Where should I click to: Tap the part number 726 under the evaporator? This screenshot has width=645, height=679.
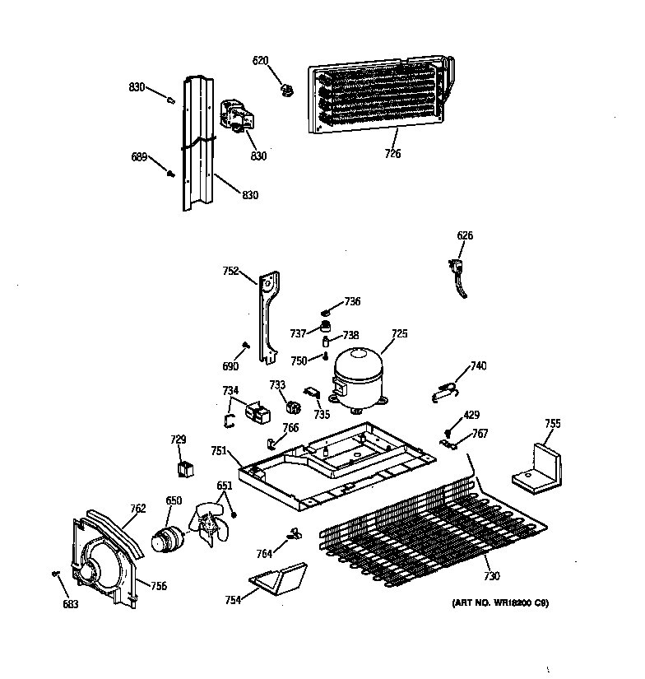(x=392, y=153)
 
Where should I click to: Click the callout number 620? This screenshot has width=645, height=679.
(x=260, y=60)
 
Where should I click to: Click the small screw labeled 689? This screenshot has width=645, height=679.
(x=172, y=174)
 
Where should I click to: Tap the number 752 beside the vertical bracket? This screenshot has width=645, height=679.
(x=230, y=269)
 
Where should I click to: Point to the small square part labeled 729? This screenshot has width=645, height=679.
(x=186, y=468)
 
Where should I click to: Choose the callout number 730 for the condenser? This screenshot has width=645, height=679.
(x=491, y=575)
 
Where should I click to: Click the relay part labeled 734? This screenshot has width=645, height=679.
(x=256, y=411)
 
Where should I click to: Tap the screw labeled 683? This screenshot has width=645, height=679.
(x=56, y=574)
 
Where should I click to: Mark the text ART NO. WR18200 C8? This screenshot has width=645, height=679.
(x=499, y=603)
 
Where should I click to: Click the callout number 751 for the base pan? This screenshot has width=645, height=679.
(x=218, y=450)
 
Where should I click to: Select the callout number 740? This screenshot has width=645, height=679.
(x=478, y=365)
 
